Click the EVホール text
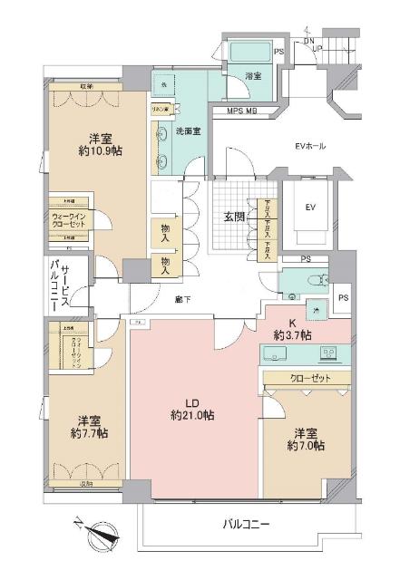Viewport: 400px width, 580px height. coord(311,146)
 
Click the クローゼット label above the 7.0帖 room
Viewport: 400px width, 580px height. coord(308,378)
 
